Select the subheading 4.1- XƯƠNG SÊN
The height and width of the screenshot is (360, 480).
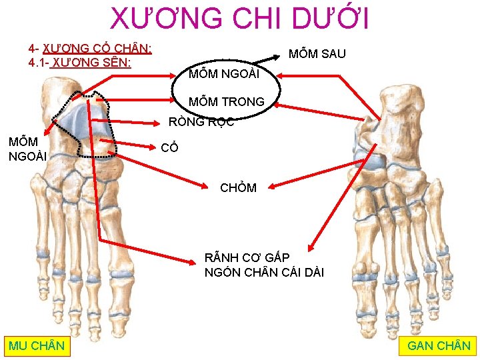[79, 63]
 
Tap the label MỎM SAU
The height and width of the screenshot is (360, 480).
[317, 54]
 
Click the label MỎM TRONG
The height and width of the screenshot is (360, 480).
[226, 102]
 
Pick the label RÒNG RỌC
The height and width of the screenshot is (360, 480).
[201, 121]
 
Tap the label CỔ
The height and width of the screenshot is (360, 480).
[170, 148]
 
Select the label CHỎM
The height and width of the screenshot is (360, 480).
[238, 187]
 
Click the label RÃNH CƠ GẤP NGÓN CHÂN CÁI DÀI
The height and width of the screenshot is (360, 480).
[264, 265]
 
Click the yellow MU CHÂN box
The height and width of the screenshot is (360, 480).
[37, 345]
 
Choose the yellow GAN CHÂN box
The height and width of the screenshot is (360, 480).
[439, 345]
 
